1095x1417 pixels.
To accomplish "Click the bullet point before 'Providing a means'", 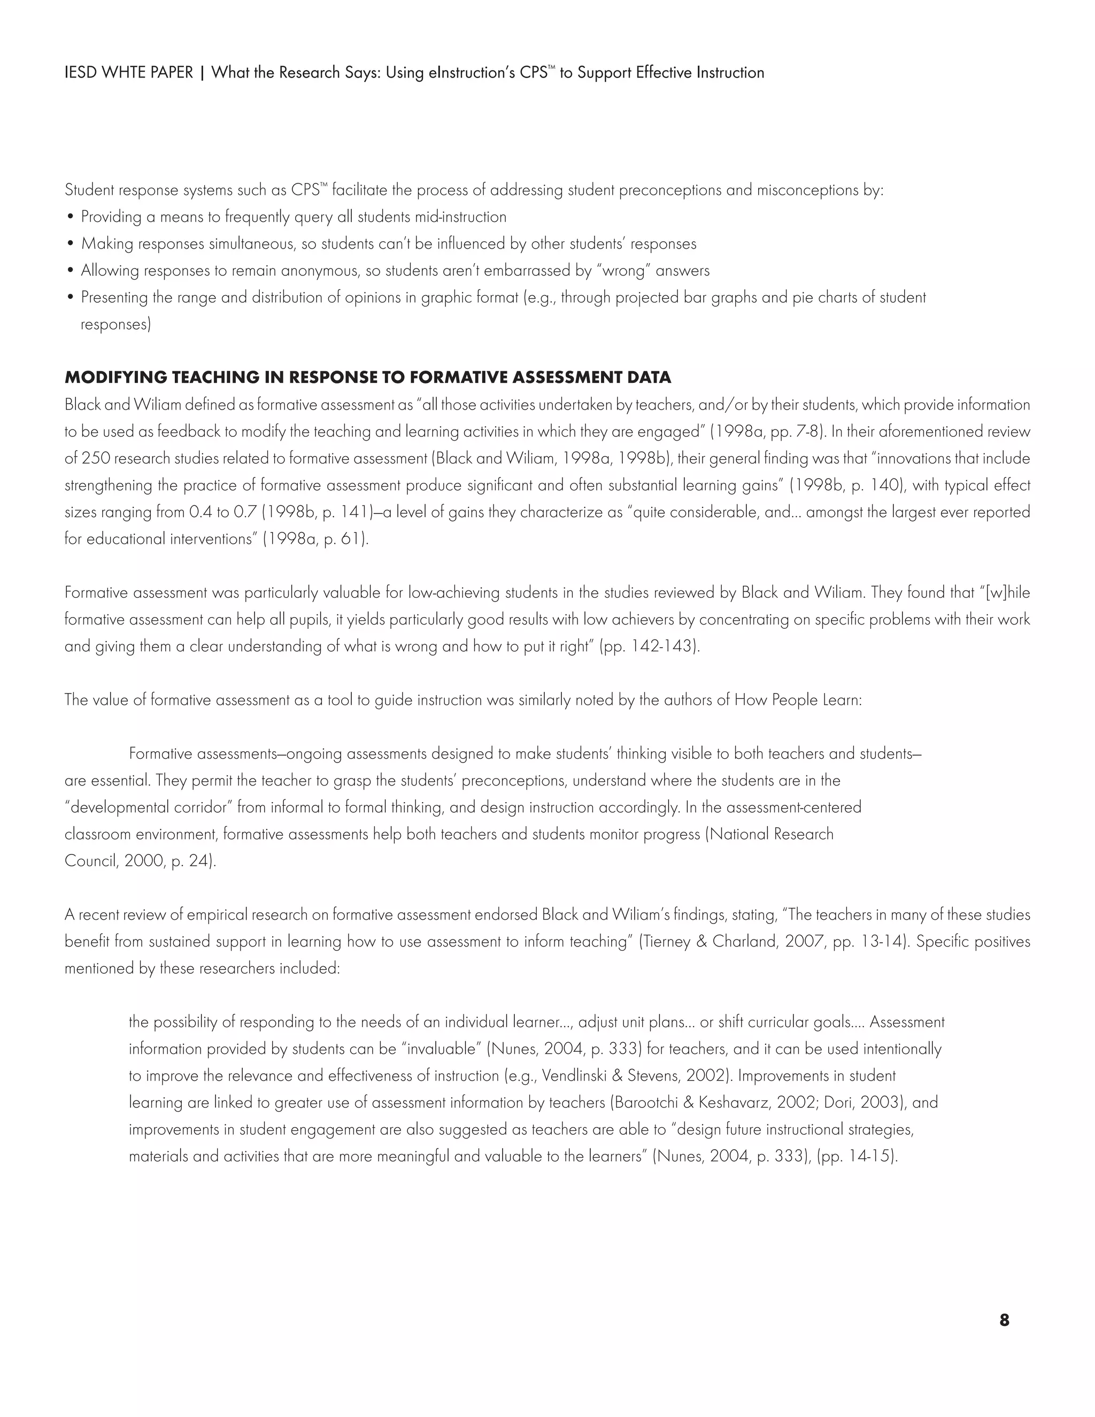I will pyautogui.click(x=71, y=217).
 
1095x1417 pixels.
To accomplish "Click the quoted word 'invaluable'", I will pyautogui.click(x=444, y=1049).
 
